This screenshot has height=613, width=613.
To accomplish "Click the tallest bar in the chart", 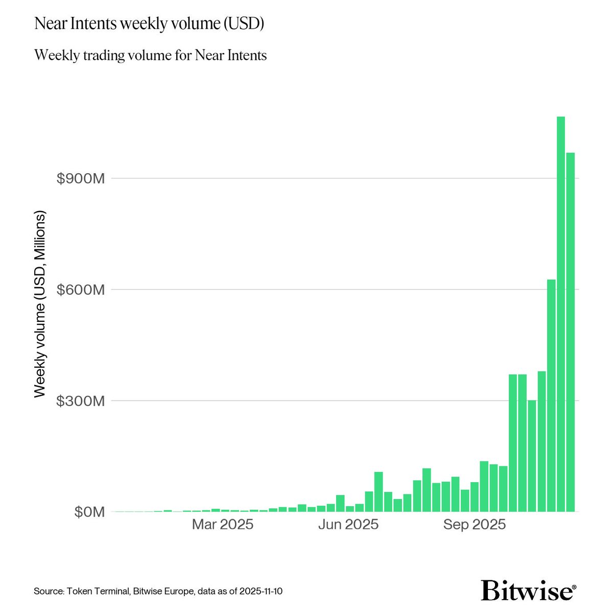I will (560, 314).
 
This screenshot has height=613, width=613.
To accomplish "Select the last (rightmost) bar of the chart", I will (570, 332).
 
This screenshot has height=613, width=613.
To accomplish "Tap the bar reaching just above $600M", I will (551, 395).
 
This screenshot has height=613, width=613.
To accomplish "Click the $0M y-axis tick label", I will (89, 512).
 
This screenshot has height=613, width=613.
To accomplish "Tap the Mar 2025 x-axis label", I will (222, 525).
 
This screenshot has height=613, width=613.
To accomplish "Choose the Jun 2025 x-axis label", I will (348, 525).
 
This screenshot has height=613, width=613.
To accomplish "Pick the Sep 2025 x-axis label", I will (475, 525).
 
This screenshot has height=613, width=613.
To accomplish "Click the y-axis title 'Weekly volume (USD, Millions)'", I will (40, 304).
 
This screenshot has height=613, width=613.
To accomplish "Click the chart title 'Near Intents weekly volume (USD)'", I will (149, 24).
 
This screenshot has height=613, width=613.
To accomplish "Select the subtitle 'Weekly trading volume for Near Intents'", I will (150, 55).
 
